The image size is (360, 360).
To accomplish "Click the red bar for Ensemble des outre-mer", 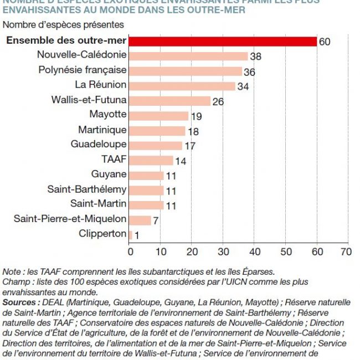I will click(223, 42).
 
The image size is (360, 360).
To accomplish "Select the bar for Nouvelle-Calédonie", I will click(188, 56).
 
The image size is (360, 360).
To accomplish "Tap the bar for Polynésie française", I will click(186, 71).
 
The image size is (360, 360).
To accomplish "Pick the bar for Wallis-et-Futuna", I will click(170, 101).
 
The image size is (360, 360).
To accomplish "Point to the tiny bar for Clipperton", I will click(130, 234).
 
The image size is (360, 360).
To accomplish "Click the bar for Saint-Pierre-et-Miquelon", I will click(140, 220).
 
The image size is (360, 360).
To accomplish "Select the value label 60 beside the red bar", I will click(325, 42).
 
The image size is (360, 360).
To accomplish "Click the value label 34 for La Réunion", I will click(244, 86).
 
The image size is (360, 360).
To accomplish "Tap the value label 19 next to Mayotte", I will click(197, 116).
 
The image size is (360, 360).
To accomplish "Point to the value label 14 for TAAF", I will click(181, 161).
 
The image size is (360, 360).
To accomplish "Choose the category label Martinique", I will click(102, 130).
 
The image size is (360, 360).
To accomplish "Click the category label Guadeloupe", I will click(99, 145).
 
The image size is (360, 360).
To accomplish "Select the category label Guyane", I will click(109, 174).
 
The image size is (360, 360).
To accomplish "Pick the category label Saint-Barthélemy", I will click(87, 189).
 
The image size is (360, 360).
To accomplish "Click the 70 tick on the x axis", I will click(346, 251).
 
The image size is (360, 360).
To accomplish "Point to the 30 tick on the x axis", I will click(223, 251).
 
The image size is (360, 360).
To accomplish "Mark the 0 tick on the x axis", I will click(130, 251).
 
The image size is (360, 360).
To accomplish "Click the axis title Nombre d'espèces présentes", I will click(63, 25).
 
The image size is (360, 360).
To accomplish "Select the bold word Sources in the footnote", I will click(20, 302).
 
